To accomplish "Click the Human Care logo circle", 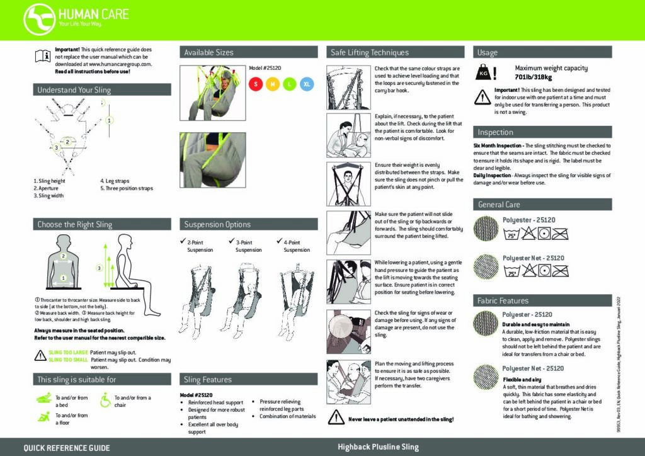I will click(39, 19).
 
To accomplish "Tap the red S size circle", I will click(256, 84).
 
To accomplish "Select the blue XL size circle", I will click(307, 84).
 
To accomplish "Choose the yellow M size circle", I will click(273, 84).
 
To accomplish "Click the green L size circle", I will click(290, 84).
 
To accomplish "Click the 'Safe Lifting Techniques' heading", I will click(370, 53).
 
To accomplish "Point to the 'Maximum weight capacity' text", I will click(551, 68).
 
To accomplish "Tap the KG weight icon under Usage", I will click(484, 73).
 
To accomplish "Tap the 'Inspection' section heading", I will click(495, 132).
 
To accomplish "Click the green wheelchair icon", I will click(105, 399).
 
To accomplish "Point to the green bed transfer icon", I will click(43, 399).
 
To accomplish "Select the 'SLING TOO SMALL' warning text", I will click(67, 360).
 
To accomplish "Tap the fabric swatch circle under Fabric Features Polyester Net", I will click(486, 377).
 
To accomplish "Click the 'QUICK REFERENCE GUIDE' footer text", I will click(66, 448).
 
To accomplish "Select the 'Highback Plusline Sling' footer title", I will click(377, 447).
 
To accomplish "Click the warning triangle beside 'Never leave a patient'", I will click(336, 418).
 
